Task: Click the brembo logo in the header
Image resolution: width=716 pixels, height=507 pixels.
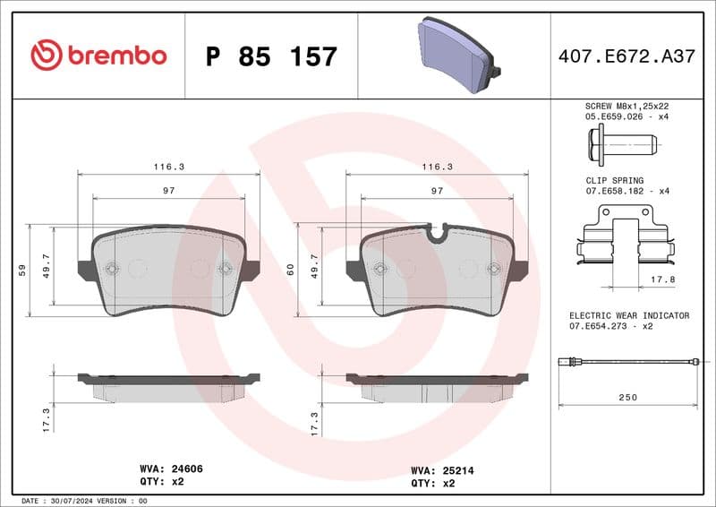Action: (98, 56)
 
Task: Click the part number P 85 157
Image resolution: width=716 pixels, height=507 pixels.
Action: (271, 56)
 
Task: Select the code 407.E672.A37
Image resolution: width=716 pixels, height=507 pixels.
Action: (626, 56)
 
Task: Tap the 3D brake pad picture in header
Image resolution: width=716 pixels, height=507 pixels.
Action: (456, 53)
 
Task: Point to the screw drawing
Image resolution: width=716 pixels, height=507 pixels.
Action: (622, 142)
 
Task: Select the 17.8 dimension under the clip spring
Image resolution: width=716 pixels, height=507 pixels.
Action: (662, 279)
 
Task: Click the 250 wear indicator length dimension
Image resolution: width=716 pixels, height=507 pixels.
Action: (627, 397)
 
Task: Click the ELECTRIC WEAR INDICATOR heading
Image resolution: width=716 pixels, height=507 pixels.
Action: (629, 316)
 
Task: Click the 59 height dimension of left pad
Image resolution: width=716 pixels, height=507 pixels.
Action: (21, 270)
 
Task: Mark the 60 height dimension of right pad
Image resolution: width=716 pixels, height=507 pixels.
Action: (290, 270)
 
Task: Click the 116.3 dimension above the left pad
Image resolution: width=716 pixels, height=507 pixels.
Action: (169, 167)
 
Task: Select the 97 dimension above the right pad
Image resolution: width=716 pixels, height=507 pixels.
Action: (438, 191)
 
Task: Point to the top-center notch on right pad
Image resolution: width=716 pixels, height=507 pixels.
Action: (438, 233)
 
